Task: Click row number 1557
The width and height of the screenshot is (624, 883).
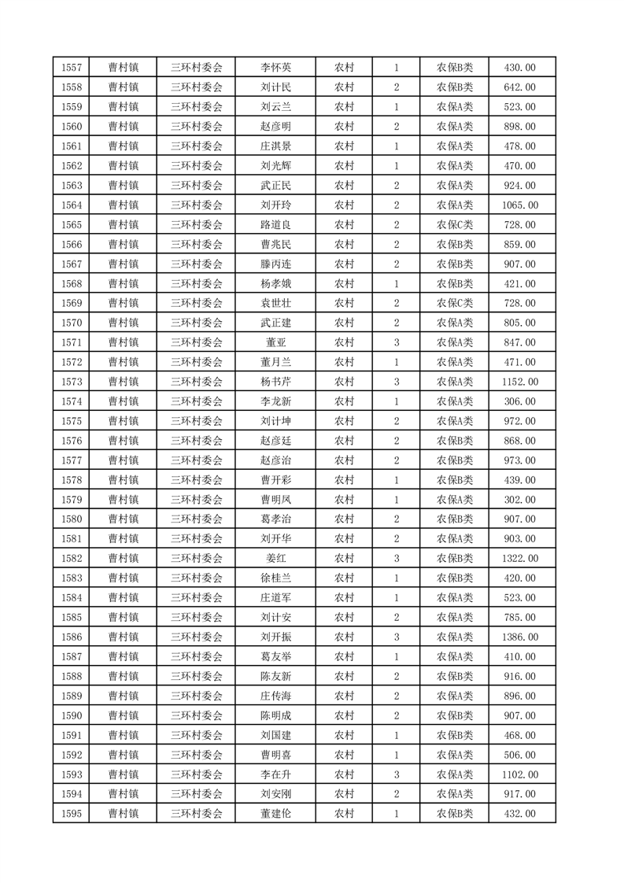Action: (x=70, y=68)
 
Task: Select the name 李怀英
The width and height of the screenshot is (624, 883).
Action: (x=275, y=68)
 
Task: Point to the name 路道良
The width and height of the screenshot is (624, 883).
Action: (x=275, y=225)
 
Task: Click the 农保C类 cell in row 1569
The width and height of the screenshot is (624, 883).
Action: (x=454, y=304)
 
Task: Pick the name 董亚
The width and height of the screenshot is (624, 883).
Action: (x=275, y=342)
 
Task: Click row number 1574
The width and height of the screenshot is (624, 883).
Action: (x=70, y=401)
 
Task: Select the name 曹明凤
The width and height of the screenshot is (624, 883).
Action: (x=275, y=500)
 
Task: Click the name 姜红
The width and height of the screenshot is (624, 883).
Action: (x=275, y=559)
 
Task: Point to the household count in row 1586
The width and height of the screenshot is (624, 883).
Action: (x=396, y=637)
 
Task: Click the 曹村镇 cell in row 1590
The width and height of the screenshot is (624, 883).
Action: (x=124, y=715)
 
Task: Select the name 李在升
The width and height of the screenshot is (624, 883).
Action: (x=275, y=774)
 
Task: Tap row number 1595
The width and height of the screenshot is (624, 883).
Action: (x=70, y=814)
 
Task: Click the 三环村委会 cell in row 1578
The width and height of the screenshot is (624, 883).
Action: (x=197, y=480)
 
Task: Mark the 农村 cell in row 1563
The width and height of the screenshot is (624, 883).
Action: (x=344, y=186)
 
